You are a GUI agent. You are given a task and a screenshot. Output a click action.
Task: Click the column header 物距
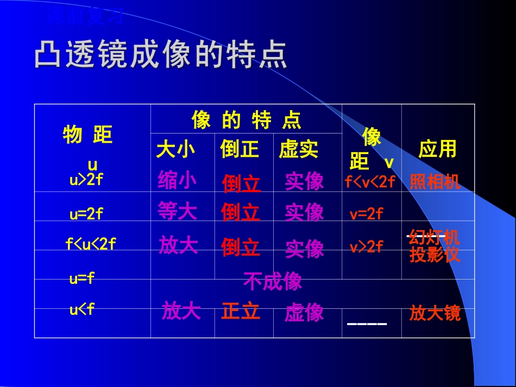(88, 135)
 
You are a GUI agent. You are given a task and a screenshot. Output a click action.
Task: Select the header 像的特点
(246, 120)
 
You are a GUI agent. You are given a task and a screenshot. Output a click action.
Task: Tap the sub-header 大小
(175, 150)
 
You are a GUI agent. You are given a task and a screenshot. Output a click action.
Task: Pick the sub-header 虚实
(299, 150)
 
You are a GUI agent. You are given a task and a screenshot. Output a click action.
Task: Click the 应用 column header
(437, 149)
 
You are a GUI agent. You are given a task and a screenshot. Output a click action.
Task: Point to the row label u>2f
(86, 180)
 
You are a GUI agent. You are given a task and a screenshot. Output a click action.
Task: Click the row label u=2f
(86, 214)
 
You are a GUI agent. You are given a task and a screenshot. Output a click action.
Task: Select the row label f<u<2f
(91, 244)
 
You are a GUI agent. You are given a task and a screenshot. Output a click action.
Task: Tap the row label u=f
(82, 279)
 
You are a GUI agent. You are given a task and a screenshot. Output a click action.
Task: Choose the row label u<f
(82, 310)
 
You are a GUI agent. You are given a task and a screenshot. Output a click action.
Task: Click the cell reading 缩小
(177, 180)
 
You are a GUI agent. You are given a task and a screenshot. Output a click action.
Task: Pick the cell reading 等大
(177, 211)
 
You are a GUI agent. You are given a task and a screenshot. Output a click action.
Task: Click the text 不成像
(273, 281)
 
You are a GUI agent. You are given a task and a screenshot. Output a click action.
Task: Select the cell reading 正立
(241, 312)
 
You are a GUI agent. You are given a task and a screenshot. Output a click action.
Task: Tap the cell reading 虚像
(304, 313)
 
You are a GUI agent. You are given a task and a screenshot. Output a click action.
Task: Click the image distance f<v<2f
(370, 182)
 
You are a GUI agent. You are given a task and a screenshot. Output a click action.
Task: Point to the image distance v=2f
(367, 214)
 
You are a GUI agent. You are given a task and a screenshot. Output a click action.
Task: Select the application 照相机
(435, 182)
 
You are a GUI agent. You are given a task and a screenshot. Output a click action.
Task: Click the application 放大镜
(435, 313)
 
